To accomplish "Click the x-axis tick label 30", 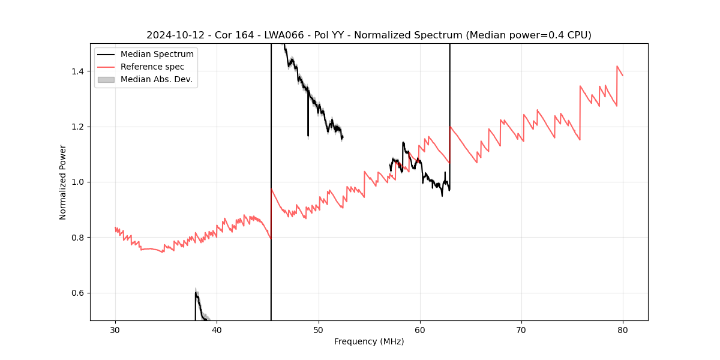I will click(115, 329).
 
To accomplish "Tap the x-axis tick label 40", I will click(217, 329).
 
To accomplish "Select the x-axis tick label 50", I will click(319, 329).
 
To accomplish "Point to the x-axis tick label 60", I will click(420, 329).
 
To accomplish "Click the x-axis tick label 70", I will click(521, 329).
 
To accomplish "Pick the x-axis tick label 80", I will click(623, 329).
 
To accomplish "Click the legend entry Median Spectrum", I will click(157, 55).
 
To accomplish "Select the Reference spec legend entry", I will click(152, 67).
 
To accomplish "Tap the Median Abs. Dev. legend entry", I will click(156, 79).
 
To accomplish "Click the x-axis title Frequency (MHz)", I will click(369, 341).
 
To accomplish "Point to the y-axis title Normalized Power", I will click(62, 182).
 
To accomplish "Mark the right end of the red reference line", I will click(623, 76).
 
